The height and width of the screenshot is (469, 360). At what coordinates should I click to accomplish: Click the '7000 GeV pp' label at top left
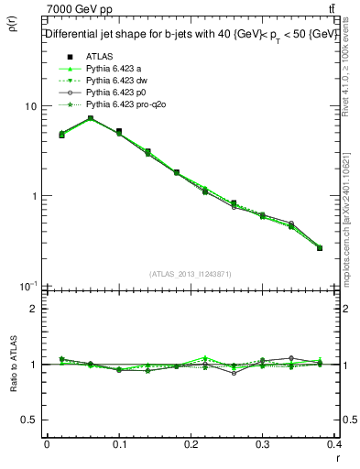pos(80,9)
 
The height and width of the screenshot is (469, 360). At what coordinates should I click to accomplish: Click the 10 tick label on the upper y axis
pos(30,106)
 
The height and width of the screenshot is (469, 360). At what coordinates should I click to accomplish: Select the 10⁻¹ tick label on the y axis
pos(28,286)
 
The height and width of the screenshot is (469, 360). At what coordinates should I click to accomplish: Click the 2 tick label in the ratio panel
pos(34,309)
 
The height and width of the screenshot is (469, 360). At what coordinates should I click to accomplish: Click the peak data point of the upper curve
pos(91,118)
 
